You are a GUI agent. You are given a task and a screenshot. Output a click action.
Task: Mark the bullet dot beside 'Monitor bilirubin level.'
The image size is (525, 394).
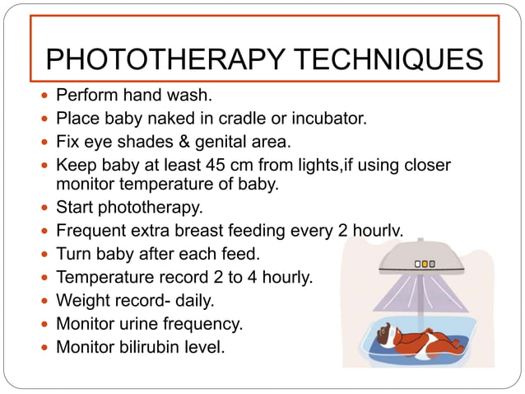pyautogui.click(x=45, y=347)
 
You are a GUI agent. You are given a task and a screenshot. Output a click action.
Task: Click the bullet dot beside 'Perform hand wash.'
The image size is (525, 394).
pyautogui.click(x=45, y=94)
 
